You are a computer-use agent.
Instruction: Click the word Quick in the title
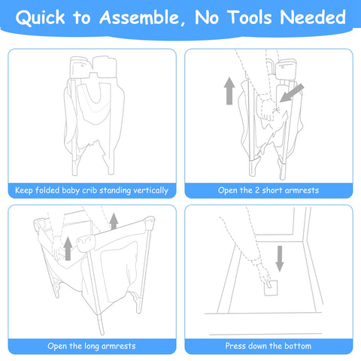(x=41, y=17)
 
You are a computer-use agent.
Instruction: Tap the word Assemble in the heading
(x=139, y=17)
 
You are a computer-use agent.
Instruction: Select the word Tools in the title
(x=250, y=17)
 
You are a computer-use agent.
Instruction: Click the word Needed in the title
(x=313, y=17)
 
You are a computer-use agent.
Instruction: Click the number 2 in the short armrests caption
(x=257, y=190)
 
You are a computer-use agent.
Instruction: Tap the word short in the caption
(x=272, y=190)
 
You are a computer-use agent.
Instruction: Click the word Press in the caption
(x=233, y=346)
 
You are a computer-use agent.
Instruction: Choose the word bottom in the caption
(x=298, y=346)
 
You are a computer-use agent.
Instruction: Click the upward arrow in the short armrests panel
(x=229, y=91)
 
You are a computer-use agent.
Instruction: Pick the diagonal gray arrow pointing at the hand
(x=292, y=93)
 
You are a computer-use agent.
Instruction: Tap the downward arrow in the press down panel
(x=280, y=259)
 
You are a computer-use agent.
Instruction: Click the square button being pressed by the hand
(x=271, y=288)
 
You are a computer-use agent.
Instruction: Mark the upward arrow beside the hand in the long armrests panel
(x=68, y=249)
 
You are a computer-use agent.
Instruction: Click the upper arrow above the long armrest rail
(x=114, y=221)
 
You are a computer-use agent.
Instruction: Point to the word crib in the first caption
(x=88, y=190)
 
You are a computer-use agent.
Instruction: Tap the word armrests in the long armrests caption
(x=119, y=347)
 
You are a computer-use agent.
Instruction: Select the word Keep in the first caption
(x=24, y=190)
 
